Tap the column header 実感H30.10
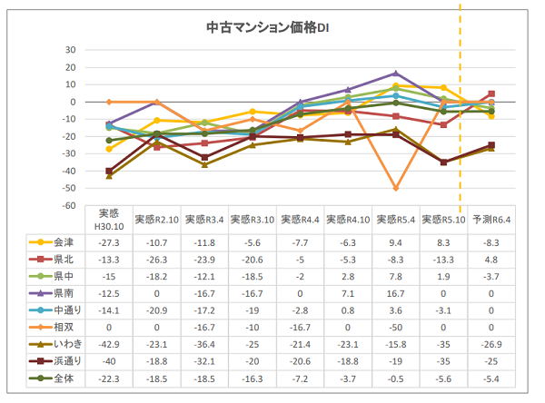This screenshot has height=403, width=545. point(109,221)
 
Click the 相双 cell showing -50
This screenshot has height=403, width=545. point(395,327)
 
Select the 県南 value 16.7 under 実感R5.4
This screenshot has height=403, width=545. point(395,293)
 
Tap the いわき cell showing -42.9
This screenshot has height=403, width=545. point(109,344)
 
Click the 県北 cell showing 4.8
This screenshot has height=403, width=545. point(491,260)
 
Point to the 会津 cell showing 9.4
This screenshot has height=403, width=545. point(395,243)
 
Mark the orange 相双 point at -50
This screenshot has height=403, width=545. point(395,188)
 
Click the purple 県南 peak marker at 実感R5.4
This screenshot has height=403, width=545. point(395,74)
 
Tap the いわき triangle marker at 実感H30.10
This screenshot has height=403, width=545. point(109,175)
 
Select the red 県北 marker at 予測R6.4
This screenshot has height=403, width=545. point(491,93)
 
